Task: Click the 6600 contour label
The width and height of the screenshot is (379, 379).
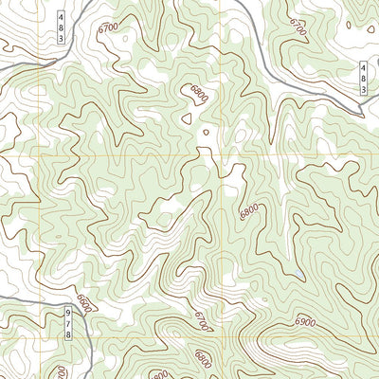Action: [84, 305]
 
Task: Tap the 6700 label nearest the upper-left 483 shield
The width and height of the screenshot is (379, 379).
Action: [108, 28]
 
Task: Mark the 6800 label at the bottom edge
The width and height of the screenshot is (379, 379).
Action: [203, 360]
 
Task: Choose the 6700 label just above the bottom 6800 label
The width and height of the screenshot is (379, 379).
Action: [202, 322]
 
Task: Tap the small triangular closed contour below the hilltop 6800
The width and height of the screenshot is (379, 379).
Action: [188, 118]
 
